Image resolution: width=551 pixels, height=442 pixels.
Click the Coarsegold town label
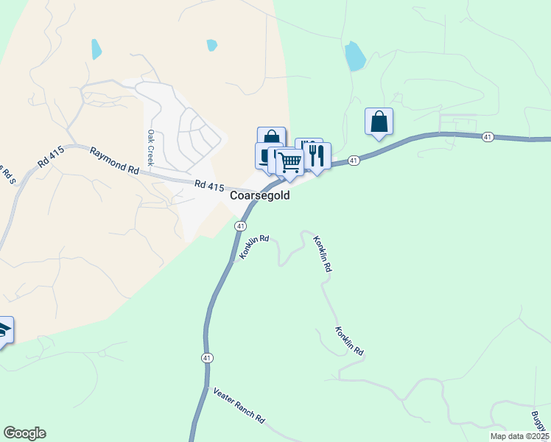(259, 196)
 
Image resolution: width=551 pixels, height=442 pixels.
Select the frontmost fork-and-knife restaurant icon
(317, 155)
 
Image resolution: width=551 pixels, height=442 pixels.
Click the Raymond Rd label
(114, 160)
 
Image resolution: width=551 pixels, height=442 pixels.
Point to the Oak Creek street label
(150, 147)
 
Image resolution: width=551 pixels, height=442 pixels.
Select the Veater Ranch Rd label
(239, 405)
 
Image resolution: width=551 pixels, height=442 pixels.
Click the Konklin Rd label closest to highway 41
(254, 248)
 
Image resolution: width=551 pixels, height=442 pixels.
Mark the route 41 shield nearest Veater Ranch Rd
(207, 358)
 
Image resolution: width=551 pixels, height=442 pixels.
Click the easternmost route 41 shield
(488, 138)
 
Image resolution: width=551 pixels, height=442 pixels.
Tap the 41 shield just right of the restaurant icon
(354, 160)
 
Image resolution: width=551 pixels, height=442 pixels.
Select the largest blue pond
(354, 56)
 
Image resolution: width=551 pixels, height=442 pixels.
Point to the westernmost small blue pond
(96, 49)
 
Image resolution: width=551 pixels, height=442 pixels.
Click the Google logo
(24, 433)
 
